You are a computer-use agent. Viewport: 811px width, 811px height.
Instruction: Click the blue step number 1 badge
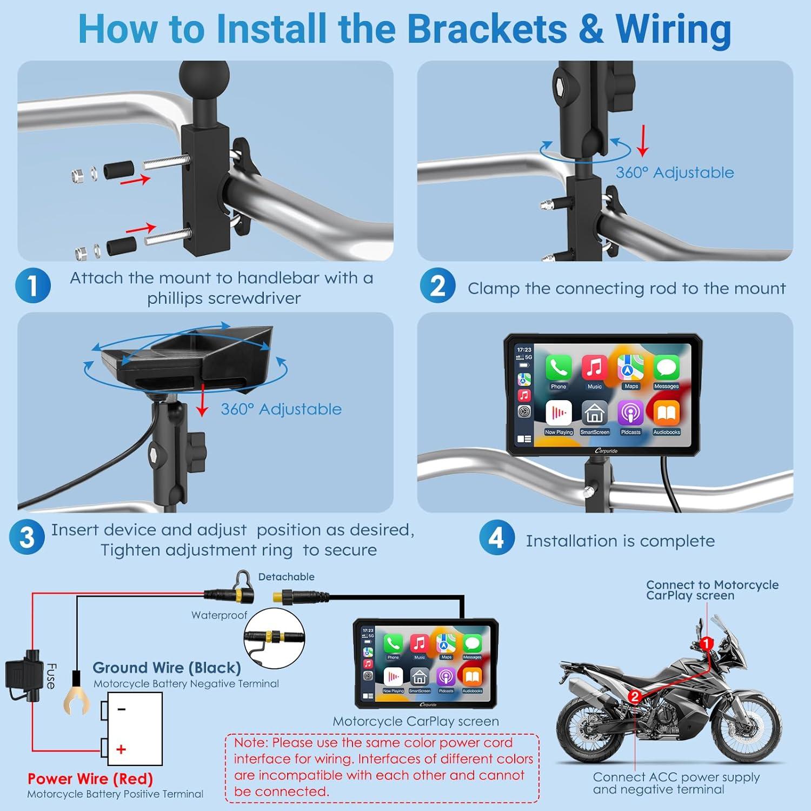pos(33,285)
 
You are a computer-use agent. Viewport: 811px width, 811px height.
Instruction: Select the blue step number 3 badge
pos(26,537)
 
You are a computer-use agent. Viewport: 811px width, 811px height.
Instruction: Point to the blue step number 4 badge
pos(496,537)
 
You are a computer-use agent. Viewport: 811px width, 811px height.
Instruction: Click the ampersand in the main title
pos(591,29)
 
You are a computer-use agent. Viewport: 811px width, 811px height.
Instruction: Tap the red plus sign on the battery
pos(122,749)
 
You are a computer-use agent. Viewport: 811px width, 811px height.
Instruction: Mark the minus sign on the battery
pos(122,709)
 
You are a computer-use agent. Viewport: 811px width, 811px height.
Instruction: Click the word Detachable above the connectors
pos(286,577)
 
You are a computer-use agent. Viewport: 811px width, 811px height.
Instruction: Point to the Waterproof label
pos(219,615)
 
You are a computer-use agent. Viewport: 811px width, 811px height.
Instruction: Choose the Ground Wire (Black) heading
pos(167,668)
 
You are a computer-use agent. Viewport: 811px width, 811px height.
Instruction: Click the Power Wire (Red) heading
pos(90,779)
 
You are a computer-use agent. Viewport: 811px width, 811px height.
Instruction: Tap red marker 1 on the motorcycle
pos(706,643)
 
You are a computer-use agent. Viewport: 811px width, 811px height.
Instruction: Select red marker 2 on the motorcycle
pos(635,697)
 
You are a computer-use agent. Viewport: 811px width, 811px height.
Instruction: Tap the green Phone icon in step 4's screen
pos(559,368)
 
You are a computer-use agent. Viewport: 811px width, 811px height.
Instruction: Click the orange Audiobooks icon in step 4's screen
pos(667,414)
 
